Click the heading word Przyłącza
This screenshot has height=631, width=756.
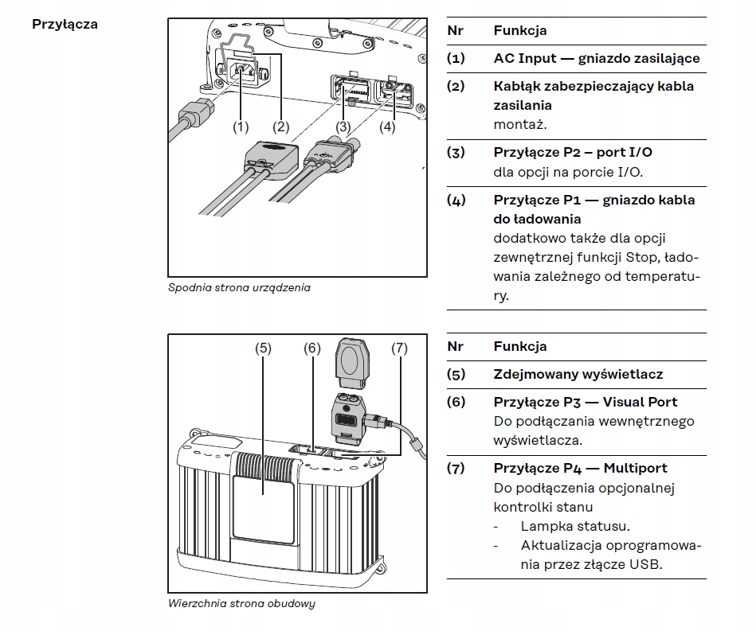[x=65, y=24]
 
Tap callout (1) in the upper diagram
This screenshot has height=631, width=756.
[x=240, y=127]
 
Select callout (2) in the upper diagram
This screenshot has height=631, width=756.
[x=280, y=127]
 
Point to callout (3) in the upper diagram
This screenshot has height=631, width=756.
[x=343, y=127]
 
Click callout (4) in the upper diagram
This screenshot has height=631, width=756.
[x=387, y=127]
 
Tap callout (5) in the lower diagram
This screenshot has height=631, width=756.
[x=263, y=348]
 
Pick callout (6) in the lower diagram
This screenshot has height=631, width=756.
[x=311, y=348]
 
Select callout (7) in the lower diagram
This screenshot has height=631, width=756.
[x=399, y=348]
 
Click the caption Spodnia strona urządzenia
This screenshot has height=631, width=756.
[x=239, y=287]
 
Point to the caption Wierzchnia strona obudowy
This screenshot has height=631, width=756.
[x=241, y=603]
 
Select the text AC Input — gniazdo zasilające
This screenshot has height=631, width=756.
[x=596, y=59]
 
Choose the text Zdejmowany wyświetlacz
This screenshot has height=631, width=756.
[x=578, y=374]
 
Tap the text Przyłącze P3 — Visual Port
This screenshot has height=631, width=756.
[x=586, y=402]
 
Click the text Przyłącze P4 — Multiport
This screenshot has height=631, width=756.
[x=580, y=468]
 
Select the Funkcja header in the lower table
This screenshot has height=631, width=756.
[x=519, y=346]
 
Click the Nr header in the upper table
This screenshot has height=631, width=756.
[x=455, y=31]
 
